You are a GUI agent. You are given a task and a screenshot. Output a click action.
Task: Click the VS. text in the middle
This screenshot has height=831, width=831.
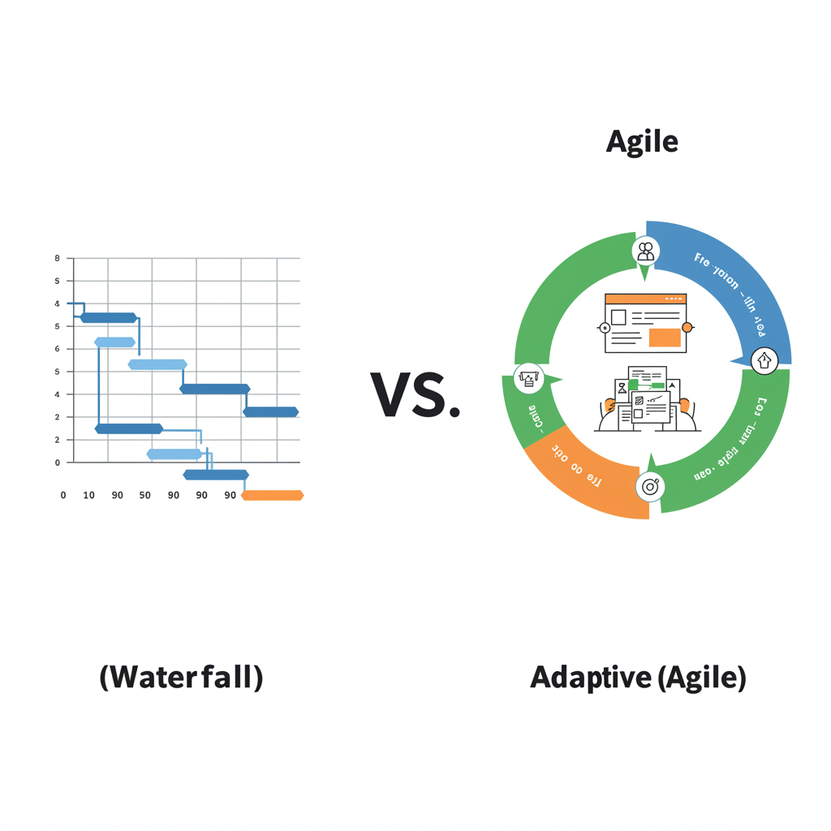[415, 394]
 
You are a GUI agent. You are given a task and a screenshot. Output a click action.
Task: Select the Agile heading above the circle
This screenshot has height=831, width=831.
[642, 142]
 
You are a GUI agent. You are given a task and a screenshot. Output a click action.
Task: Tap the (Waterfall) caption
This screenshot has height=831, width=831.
[181, 677]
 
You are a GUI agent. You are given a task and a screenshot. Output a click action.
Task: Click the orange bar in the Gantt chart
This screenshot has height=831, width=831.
[273, 495]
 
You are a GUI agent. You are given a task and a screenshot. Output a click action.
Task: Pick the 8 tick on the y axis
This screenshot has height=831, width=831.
[58, 258]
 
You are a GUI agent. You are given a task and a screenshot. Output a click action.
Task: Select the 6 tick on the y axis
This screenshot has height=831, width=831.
[58, 349]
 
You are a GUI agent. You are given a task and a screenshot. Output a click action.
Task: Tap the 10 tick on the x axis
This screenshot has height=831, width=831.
[89, 495]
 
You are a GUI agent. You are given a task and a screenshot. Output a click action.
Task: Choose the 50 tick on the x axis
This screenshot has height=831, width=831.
[145, 495]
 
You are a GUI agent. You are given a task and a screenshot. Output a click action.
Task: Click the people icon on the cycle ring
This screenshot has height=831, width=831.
[646, 251]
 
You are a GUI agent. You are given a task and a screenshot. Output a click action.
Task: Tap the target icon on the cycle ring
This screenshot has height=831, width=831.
[650, 487]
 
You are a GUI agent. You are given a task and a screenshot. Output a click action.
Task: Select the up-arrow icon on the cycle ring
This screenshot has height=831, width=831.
[764, 360]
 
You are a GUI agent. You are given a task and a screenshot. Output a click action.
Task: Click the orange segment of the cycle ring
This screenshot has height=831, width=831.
[580, 475]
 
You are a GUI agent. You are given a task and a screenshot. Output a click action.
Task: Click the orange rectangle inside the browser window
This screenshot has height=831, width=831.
[665, 338]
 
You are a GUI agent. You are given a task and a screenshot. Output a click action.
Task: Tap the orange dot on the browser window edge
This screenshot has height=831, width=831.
[687, 328]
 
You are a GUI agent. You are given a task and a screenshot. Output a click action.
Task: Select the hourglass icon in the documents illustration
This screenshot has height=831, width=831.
[622, 389]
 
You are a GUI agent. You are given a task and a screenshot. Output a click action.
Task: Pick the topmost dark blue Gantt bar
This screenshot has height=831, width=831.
[109, 317]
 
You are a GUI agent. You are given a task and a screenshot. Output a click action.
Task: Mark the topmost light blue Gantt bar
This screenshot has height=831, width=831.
[115, 342]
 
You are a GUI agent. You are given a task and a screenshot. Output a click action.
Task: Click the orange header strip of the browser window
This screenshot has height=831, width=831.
[646, 299]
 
